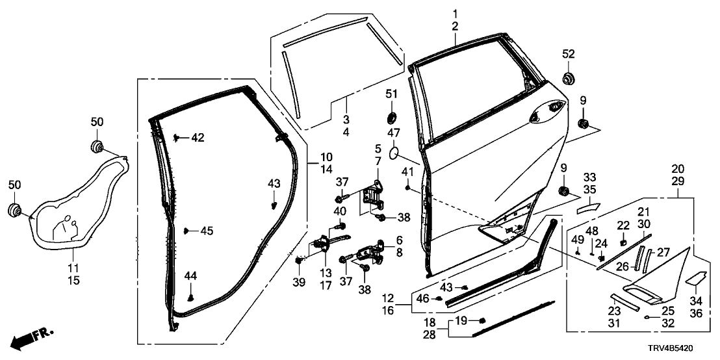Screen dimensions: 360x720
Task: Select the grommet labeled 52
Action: [569, 79]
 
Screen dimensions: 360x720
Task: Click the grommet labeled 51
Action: [392, 118]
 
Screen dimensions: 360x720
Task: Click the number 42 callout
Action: [197, 138]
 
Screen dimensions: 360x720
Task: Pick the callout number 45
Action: [206, 231]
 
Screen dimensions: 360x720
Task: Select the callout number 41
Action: [407, 172]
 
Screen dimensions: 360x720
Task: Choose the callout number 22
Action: [623, 225]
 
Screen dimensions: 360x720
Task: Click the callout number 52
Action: [569, 53]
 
